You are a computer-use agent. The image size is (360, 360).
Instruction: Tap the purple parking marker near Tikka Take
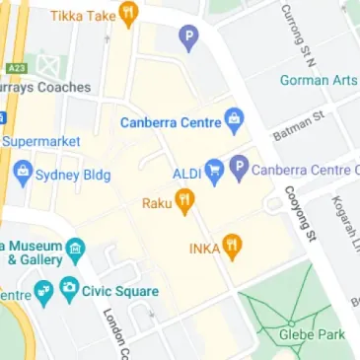(x=187, y=39)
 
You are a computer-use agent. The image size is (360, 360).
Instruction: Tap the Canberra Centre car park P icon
(x=238, y=170)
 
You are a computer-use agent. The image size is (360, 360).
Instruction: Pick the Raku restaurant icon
(x=184, y=202)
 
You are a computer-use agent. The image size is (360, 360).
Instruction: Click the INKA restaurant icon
(x=232, y=247)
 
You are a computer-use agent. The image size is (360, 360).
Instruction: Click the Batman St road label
(x=297, y=124)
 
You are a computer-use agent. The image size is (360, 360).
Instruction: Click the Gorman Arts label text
(x=319, y=80)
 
